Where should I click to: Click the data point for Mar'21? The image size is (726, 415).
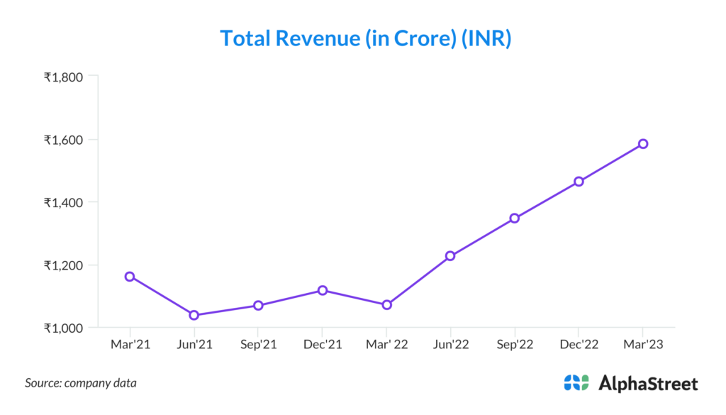pyautogui.click(x=130, y=277)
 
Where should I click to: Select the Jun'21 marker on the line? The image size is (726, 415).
pyautogui.click(x=194, y=315)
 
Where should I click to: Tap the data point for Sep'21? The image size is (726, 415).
pyautogui.click(x=258, y=306)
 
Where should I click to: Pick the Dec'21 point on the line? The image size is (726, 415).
pyautogui.click(x=323, y=290)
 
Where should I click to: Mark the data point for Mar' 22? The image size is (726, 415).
pyautogui.click(x=386, y=305)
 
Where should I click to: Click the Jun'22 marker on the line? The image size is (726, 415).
pyautogui.click(x=450, y=256)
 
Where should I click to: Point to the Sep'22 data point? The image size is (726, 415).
pyautogui.click(x=515, y=218)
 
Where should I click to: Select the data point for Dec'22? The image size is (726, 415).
pyautogui.click(x=579, y=182)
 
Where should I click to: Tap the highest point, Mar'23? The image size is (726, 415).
pyautogui.click(x=643, y=144)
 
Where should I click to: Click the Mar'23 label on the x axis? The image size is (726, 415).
pyautogui.click(x=643, y=345)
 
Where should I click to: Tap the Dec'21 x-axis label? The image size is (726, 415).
pyautogui.click(x=323, y=345)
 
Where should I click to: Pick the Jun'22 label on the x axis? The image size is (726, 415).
pyautogui.click(x=450, y=345)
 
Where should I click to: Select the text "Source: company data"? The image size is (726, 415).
pyautogui.click(x=81, y=383)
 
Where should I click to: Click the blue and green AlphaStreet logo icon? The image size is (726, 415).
pyautogui.click(x=576, y=383)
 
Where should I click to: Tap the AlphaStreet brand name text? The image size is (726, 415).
pyautogui.click(x=649, y=384)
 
